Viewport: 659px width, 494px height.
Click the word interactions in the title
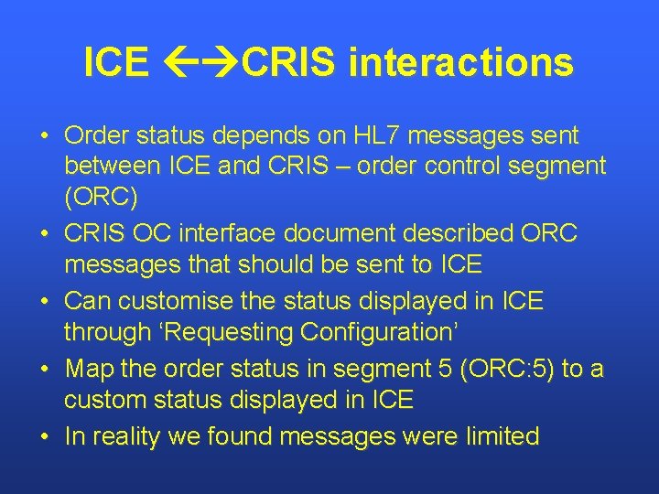coord(461,63)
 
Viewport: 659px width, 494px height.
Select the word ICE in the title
coord(115,63)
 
